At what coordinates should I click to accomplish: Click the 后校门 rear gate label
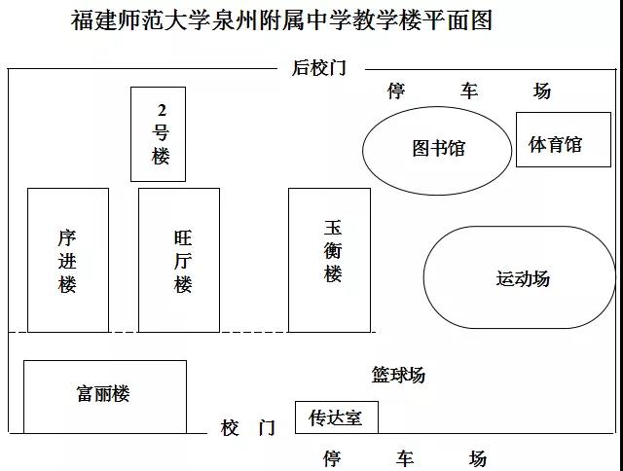point(319,68)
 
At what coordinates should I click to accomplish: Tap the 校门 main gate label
point(248,428)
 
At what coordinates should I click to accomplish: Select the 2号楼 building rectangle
point(158,134)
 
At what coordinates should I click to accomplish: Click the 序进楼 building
point(68,260)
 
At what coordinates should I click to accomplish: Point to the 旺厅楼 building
point(179,260)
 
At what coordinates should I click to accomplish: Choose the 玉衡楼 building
point(329,260)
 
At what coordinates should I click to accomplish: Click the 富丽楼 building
point(105,397)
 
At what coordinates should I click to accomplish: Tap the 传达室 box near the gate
point(337,417)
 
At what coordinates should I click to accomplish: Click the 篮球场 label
point(398,375)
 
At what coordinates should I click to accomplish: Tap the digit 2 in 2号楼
point(162,110)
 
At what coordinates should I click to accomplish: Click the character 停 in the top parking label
point(396,91)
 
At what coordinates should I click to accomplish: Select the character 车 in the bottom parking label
point(405,458)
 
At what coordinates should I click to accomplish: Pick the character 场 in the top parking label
point(542,91)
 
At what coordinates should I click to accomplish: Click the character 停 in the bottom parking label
point(332,458)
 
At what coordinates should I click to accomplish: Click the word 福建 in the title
point(94,19)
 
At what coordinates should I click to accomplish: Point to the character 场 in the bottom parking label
point(478,458)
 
